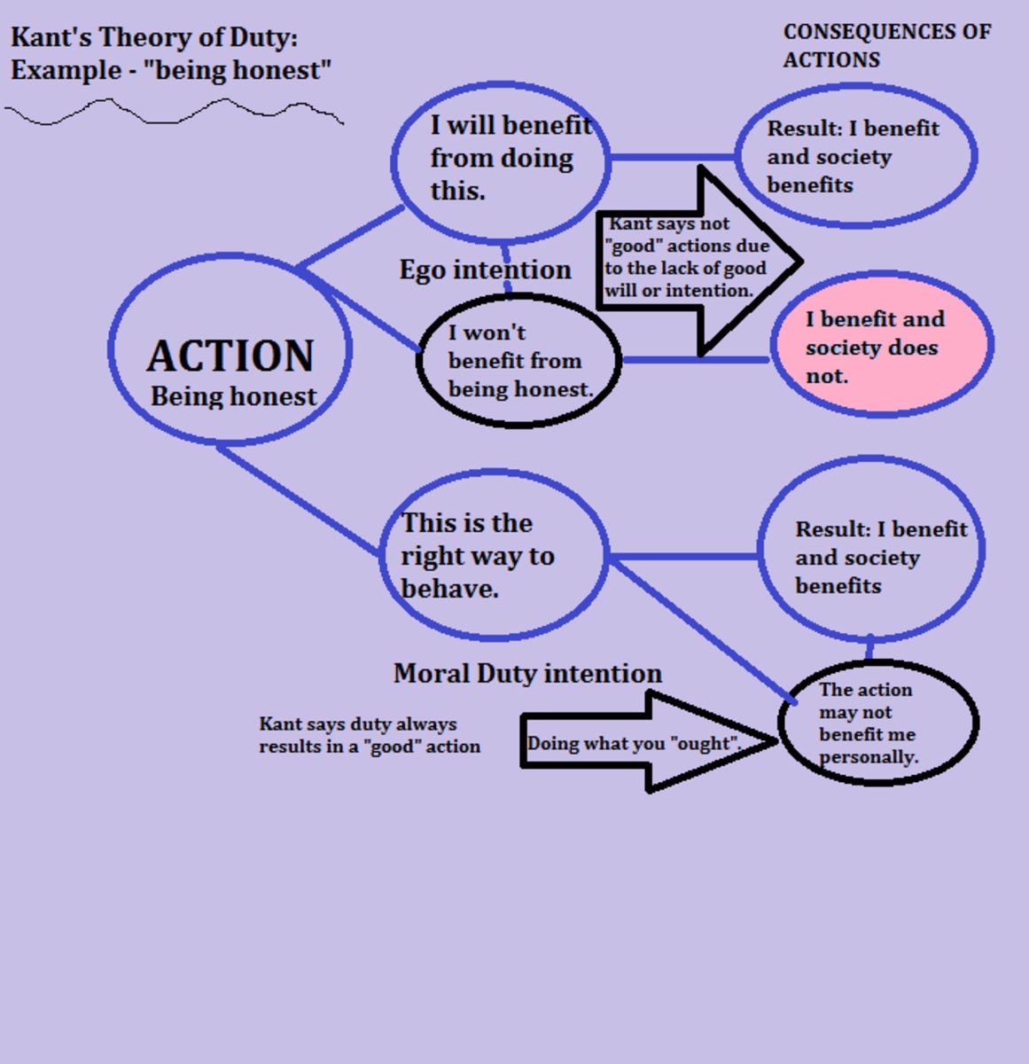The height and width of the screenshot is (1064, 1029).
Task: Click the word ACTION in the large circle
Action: click(230, 356)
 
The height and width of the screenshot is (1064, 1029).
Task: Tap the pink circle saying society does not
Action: click(881, 345)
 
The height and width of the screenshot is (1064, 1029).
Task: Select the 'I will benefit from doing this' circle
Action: click(502, 160)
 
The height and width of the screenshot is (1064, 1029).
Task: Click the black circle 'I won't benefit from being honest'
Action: click(518, 361)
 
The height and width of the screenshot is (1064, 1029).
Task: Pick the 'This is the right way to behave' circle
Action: click(493, 556)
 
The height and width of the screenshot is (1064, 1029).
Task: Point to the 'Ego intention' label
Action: click(485, 270)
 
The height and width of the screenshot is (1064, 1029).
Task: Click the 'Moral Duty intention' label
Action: click(527, 674)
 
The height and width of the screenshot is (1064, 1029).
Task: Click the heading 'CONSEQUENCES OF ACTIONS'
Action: click(886, 45)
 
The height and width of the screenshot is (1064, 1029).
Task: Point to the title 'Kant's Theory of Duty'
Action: click(154, 37)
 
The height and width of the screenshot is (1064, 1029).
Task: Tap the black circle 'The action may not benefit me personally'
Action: click(877, 723)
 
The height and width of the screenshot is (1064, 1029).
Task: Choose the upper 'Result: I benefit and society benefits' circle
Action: click(855, 156)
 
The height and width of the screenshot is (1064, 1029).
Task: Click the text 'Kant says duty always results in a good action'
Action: click(369, 735)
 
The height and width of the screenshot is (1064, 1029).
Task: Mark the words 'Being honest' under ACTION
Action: click(233, 396)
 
